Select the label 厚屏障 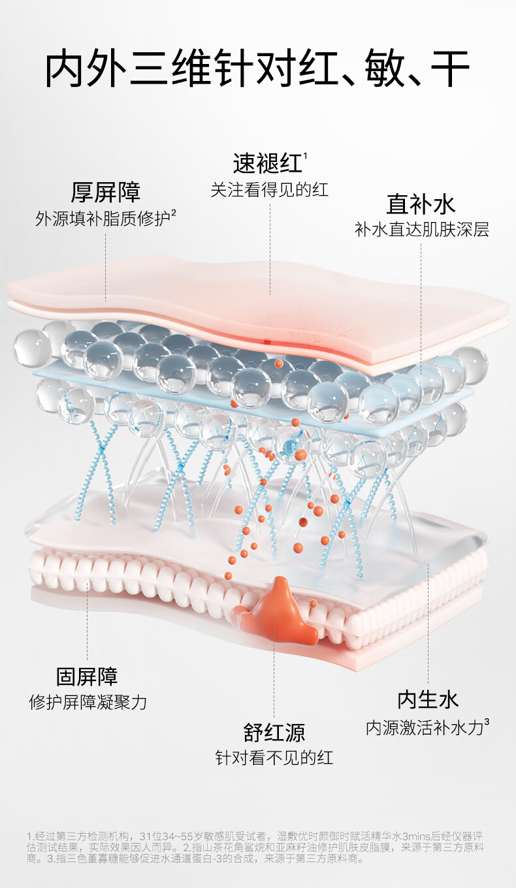pos(105,193)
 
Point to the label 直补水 pos(421,204)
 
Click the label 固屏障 pos(87,676)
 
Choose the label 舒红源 pos(274,732)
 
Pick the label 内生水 pos(428,700)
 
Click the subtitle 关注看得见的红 pos(269,190)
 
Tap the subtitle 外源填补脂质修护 pos(102,219)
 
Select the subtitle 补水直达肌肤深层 pos(421,230)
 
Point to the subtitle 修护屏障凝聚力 pos(88,703)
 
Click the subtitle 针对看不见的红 pos(274,758)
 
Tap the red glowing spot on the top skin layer pos(267,340)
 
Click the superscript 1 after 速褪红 pos(306,155)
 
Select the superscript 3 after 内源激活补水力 pos(487,722)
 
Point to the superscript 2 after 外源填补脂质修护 pos(174,212)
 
